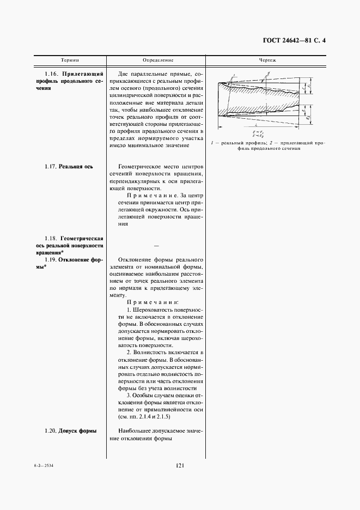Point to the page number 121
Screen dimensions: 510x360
tap(181, 465)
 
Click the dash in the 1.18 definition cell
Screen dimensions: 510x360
tap(157, 247)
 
